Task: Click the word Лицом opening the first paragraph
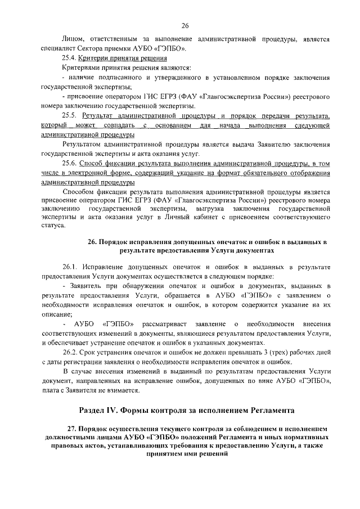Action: [72, 39]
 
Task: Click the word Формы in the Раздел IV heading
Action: [147, 409]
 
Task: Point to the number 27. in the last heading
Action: [72, 429]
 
